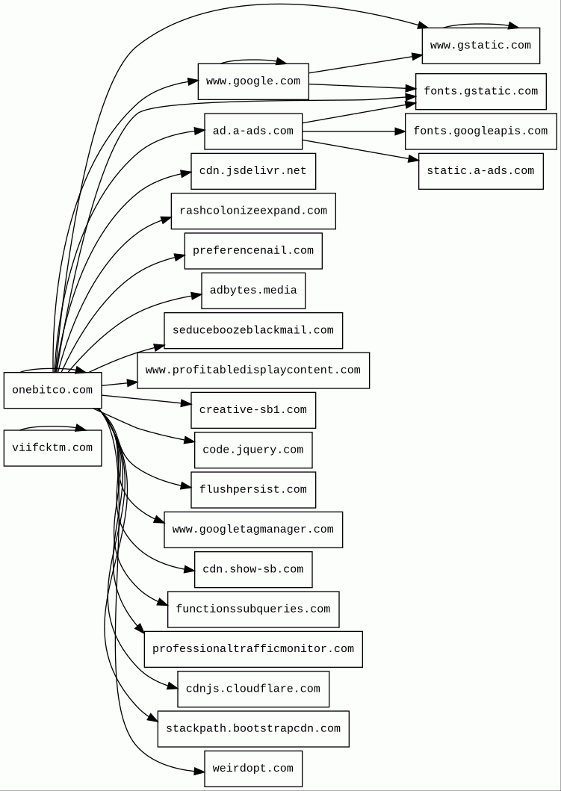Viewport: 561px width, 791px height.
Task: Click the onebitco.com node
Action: (x=52, y=390)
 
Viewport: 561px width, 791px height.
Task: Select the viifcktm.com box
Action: (x=52, y=448)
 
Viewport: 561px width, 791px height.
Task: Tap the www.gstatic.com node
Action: (x=480, y=46)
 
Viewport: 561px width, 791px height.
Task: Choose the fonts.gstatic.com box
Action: (x=480, y=91)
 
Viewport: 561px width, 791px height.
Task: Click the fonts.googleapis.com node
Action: (x=480, y=131)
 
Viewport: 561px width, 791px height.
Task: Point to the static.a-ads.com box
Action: (x=480, y=171)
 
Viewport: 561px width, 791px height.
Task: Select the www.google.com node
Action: (x=253, y=81)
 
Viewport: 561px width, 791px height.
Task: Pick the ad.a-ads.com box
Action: (x=253, y=131)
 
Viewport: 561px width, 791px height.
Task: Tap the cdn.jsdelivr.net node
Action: (x=253, y=171)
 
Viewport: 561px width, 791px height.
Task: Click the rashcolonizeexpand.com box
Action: (x=253, y=211)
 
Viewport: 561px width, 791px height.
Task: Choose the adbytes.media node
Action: (x=253, y=291)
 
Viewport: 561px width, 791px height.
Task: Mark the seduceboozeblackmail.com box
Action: (x=253, y=330)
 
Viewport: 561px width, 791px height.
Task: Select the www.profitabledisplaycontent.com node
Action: (x=253, y=370)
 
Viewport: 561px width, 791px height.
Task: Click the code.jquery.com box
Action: (x=253, y=450)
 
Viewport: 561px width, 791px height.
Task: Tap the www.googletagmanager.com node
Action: (x=253, y=530)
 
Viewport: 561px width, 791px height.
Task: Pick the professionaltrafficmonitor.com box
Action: (x=253, y=649)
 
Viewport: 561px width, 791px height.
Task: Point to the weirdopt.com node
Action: (x=253, y=769)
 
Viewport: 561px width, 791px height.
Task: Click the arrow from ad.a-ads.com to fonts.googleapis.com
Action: (x=351, y=131)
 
